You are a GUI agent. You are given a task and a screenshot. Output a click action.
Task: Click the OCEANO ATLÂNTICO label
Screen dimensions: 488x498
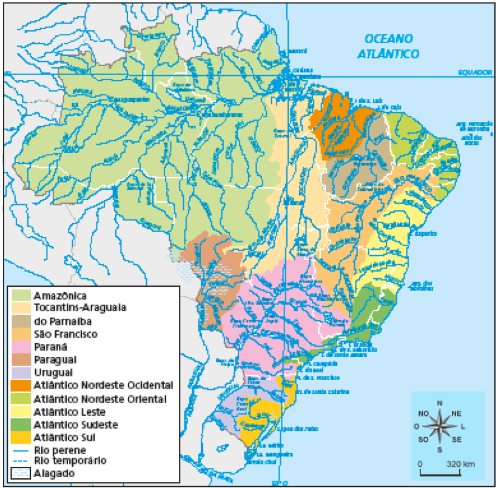391,46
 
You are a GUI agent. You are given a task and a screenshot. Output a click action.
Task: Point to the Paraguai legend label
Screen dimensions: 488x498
55,359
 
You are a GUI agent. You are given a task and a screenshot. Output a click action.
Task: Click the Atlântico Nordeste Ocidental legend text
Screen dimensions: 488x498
103,385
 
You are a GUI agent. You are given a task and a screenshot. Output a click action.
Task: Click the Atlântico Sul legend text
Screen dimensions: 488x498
63,437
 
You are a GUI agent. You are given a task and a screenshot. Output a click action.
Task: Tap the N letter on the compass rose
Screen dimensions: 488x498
439,404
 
